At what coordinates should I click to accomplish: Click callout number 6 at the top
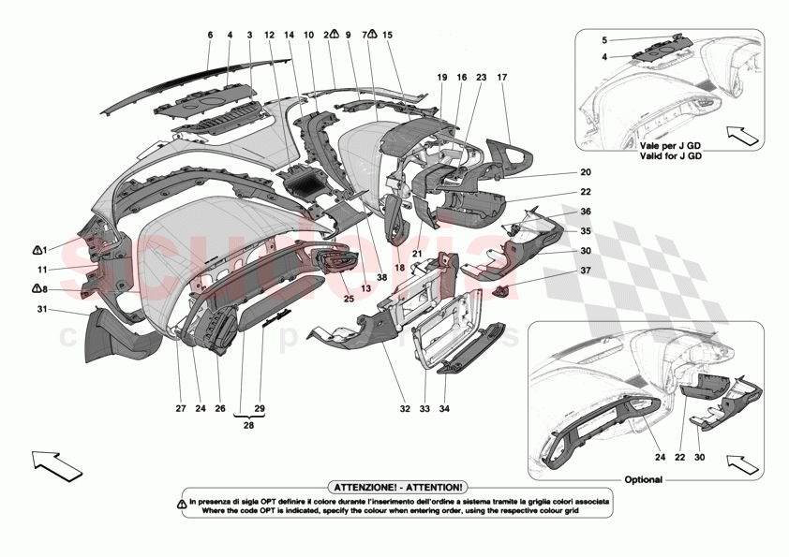[210, 36]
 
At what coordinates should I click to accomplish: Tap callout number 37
[586, 271]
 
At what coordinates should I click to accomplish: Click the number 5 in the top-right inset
[604, 40]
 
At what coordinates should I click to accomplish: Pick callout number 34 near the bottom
[444, 408]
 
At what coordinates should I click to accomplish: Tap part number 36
[586, 212]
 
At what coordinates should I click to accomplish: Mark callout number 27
[176, 408]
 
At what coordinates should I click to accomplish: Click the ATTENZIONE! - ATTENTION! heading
[395, 488]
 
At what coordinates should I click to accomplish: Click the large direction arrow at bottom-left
[56, 463]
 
